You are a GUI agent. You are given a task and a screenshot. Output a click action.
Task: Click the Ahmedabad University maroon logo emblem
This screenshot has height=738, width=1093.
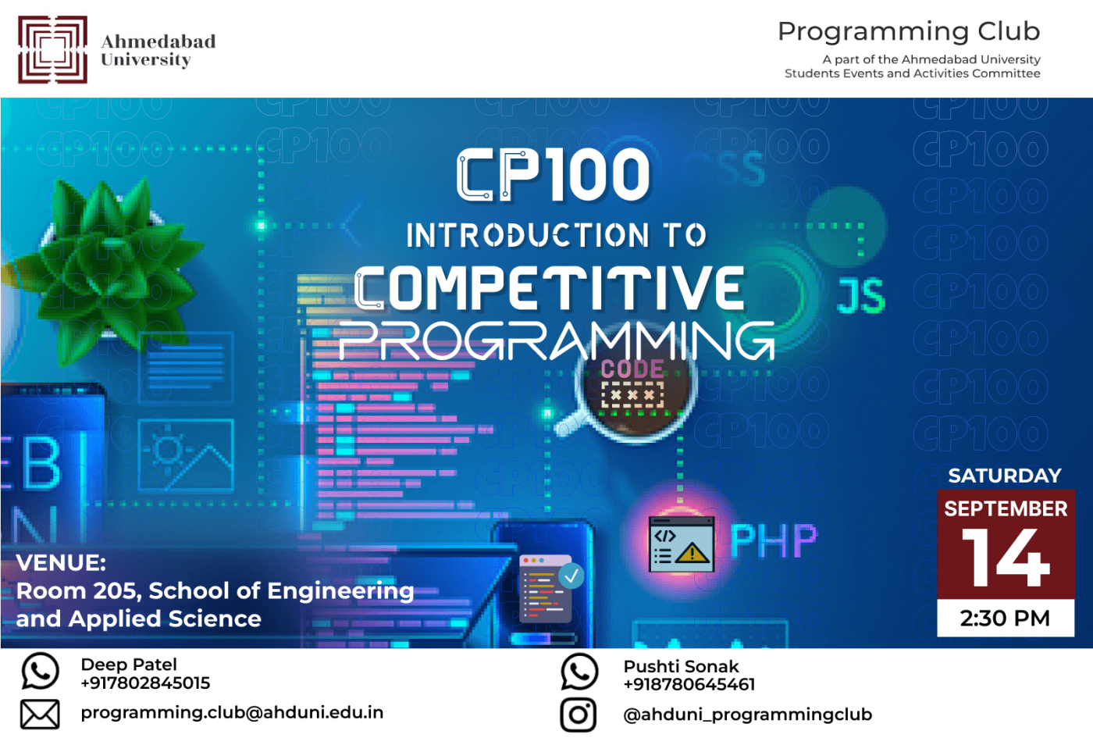pyautogui.click(x=52, y=49)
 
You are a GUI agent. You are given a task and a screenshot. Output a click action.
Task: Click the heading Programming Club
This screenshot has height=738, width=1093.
pyautogui.click(x=909, y=31)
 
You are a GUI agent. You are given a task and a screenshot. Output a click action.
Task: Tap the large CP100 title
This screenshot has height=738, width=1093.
pyautogui.click(x=554, y=176)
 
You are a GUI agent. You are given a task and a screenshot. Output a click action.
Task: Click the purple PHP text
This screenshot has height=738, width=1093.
pyautogui.click(x=773, y=540)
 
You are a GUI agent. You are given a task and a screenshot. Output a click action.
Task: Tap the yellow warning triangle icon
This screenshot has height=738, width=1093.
pyautogui.click(x=692, y=554)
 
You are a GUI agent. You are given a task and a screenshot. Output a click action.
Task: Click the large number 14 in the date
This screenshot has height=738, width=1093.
pyautogui.click(x=1005, y=558)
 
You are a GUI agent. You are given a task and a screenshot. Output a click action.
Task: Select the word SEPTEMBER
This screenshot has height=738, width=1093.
pyautogui.click(x=1006, y=509)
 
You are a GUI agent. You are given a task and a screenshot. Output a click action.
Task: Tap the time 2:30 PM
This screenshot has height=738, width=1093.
pyautogui.click(x=1005, y=619)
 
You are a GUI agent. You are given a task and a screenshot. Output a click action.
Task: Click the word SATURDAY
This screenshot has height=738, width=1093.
pyautogui.click(x=1005, y=476)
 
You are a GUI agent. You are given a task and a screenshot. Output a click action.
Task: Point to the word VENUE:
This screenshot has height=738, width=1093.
pyautogui.click(x=61, y=562)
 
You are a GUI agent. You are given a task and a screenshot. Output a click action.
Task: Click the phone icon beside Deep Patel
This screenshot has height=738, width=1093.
pyautogui.click(x=40, y=671)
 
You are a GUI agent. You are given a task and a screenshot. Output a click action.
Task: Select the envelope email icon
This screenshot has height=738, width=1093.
pyautogui.click(x=40, y=714)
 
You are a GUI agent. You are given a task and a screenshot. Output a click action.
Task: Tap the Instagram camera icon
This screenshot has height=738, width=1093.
pyautogui.click(x=579, y=715)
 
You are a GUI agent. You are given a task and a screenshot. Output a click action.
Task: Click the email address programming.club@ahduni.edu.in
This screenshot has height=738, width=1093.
pyautogui.click(x=232, y=712)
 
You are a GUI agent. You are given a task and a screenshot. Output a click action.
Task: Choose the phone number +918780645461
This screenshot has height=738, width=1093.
pyautogui.click(x=689, y=685)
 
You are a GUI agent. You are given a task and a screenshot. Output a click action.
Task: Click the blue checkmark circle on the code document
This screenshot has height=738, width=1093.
pyautogui.click(x=571, y=576)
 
